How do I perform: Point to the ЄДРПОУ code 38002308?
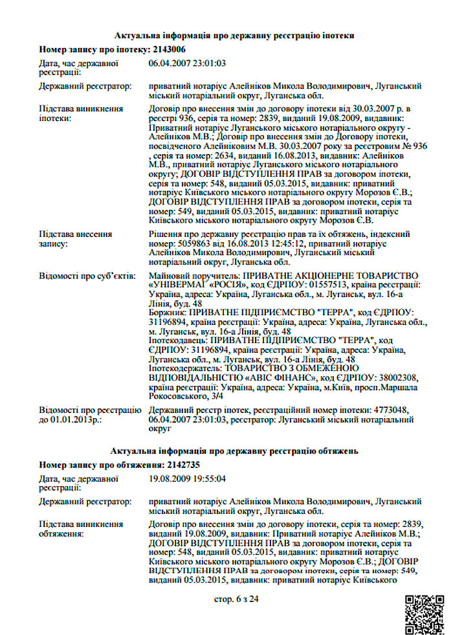coord(395,377)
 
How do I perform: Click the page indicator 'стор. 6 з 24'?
coord(236,599)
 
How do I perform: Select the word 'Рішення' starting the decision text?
coord(165,234)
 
